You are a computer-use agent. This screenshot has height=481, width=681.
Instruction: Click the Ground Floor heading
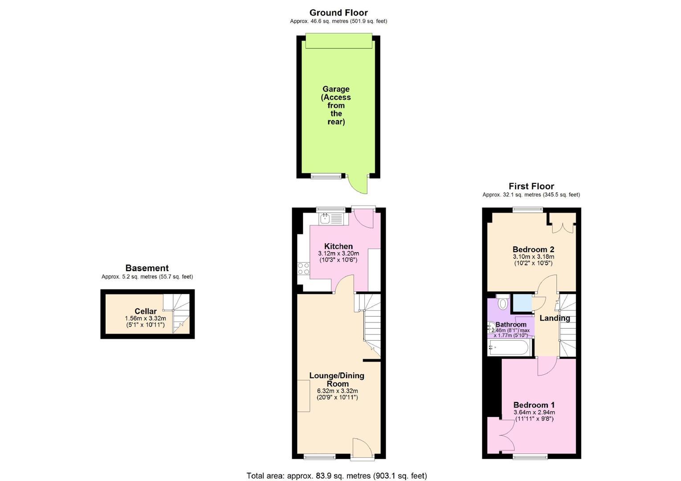[338, 13]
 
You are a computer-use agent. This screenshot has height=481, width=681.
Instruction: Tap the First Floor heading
[531, 186]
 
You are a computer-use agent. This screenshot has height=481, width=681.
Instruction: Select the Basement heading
[147, 268]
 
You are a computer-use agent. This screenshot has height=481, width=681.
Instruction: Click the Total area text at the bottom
[337, 476]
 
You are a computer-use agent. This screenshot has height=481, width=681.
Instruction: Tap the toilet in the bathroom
[503, 302]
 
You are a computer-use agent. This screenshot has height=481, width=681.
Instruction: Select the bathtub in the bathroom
[509, 347]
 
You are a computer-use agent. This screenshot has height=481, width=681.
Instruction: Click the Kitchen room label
[338, 246]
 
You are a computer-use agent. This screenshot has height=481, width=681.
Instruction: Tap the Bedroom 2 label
[533, 249]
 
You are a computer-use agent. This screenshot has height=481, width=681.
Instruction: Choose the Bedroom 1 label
[534, 405]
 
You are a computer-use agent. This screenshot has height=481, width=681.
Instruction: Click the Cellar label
[146, 311]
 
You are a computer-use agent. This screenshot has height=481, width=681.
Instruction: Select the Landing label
[555, 318]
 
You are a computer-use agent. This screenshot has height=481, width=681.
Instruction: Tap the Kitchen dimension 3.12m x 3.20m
[338, 253]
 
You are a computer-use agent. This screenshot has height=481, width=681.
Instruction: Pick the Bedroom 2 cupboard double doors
[563, 228]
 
